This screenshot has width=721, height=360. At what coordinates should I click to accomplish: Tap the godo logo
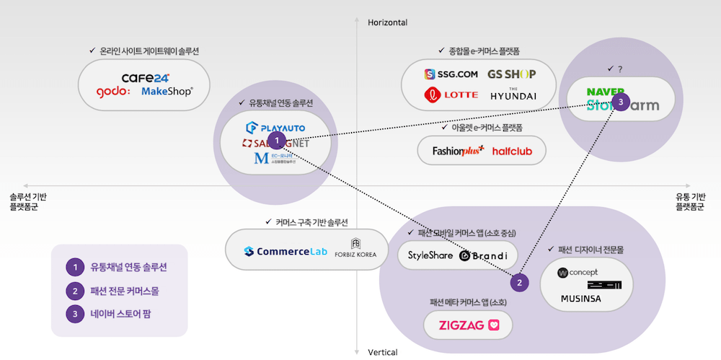tap(113, 92)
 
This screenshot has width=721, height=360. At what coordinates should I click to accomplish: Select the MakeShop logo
tap(167, 92)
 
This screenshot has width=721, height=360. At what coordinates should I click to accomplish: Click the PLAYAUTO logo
tap(276, 128)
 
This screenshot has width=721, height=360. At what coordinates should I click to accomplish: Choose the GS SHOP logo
tap(512, 74)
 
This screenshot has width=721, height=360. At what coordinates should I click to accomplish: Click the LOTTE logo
tap(451, 95)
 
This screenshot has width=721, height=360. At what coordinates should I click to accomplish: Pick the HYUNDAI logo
tap(513, 95)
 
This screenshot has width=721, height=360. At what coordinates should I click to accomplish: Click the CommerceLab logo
tap(286, 251)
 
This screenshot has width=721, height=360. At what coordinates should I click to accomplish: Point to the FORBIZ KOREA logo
tap(355, 249)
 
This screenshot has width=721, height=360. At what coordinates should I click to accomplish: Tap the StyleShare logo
tap(430, 255)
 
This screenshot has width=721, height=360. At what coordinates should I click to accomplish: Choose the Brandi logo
tap(484, 255)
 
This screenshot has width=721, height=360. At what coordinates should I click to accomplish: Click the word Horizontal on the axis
tap(388, 23)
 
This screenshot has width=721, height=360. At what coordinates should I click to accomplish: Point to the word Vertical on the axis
tap(383, 352)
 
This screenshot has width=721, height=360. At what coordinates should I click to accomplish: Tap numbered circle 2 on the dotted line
tap(520, 284)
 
